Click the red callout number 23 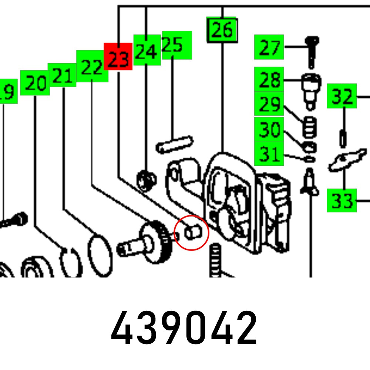[118, 56]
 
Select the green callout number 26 [222, 30]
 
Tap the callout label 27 [269, 47]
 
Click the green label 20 [35, 83]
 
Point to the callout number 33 [341, 201]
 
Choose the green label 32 [342, 96]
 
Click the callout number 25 [177, 45]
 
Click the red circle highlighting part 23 [192, 233]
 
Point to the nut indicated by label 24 [145, 179]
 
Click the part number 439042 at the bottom [184, 328]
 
